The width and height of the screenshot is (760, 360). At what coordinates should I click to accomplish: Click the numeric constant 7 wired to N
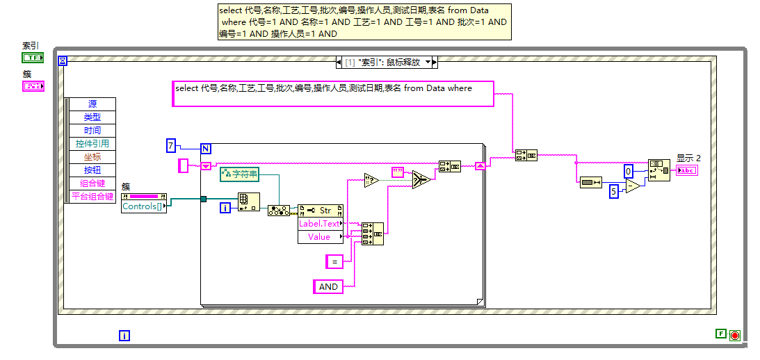pyautogui.click(x=171, y=145)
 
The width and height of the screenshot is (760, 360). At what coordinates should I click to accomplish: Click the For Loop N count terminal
pyautogui.click(x=206, y=148)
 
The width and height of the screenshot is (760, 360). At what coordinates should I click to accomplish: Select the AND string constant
pyautogui.click(x=328, y=286)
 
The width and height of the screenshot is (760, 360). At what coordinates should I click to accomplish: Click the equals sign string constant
pyautogui.click(x=334, y=261)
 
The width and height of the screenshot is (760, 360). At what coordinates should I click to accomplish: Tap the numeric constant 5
pyautogui.click(x=614, y=191)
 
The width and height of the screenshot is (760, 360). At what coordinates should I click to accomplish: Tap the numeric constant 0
pyautogui.click(x=628, y=171)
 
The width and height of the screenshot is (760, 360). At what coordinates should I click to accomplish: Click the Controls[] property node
pyautogui.click(x=143, y=206)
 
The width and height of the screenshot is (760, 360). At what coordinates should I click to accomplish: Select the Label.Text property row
pyautogui.click(x=320, y=224)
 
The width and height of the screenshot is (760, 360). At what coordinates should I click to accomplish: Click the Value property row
pyautogui.click(x=319, y=237)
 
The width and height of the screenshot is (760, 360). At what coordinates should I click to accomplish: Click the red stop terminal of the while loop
pyautogui.click(x=734, y=336)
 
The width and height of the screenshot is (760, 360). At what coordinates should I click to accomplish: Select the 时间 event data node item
pyautogui.click(x=92, y=131)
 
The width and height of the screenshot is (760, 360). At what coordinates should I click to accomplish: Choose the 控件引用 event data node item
pyautogui.click(x=92, y=144)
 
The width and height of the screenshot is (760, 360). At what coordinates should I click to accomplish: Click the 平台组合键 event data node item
pyautogui.click(x=92, y=197)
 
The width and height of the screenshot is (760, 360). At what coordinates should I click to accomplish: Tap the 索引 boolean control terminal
pyautogui.click(x=33, y=58)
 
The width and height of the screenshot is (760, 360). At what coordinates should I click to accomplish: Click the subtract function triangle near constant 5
pyautogui.click(x=633, y=187)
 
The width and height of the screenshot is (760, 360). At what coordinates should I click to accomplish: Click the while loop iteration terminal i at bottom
pyautogui.click(x=124, y=336)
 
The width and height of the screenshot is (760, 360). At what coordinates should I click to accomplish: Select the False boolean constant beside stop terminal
pyautogui.click(x=720, y=334)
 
